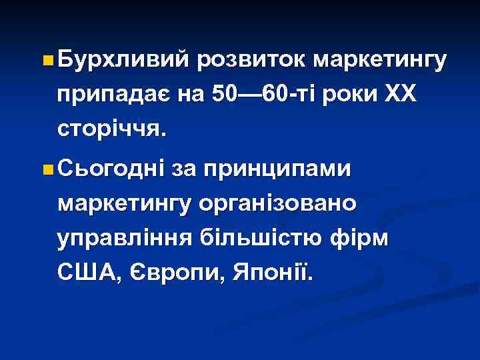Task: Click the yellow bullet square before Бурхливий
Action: (x=45, y=61)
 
